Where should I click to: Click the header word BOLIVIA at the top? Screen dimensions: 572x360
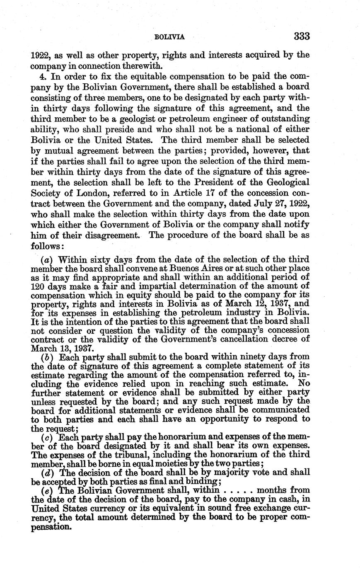[169, 37]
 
